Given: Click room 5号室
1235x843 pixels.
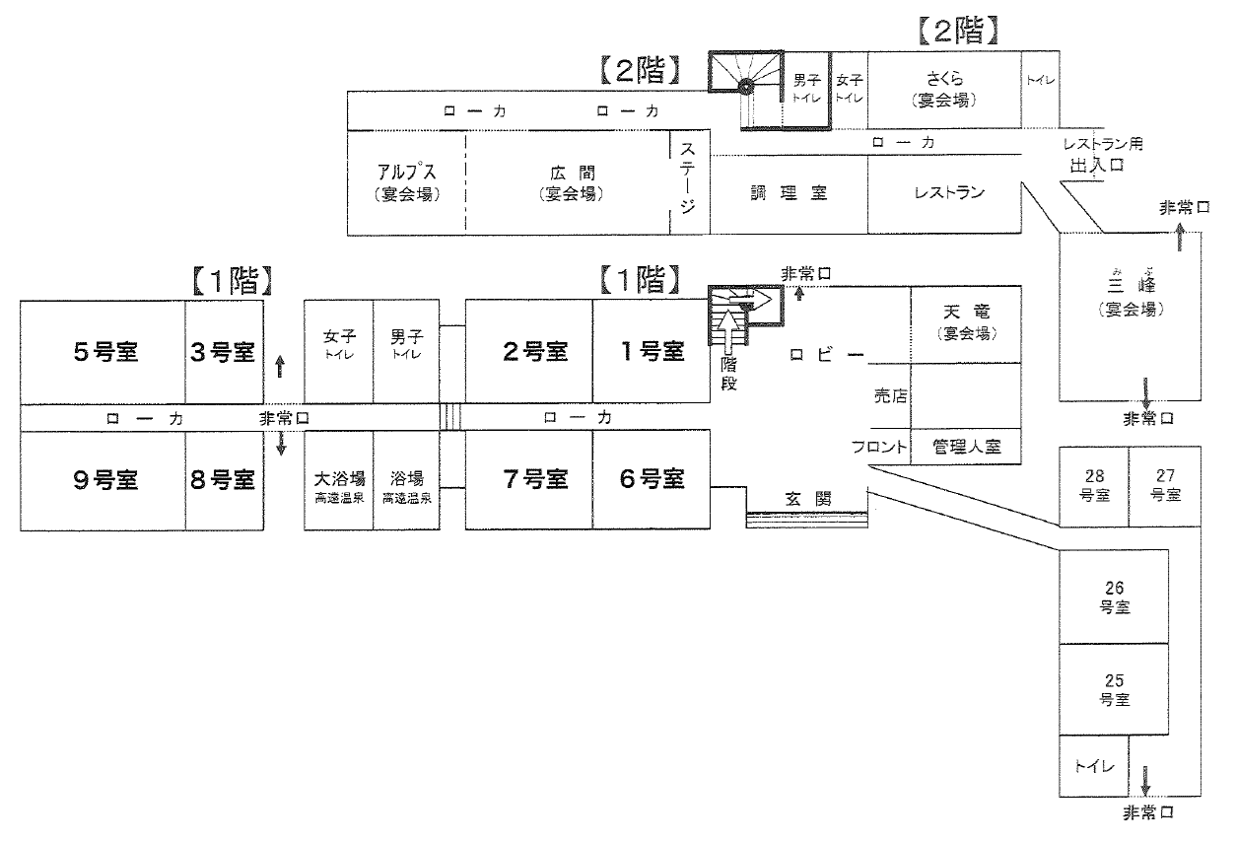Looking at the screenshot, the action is pos(103,352).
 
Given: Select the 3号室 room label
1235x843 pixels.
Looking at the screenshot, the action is pos(223,352).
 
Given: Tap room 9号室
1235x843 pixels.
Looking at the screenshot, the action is pos(103,480).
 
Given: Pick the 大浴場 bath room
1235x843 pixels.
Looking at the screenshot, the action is pos(338,480).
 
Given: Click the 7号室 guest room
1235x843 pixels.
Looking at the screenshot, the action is pos(528,479).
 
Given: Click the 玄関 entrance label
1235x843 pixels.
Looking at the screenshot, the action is pos(807,499).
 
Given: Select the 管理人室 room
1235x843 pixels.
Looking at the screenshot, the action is pos(966,447).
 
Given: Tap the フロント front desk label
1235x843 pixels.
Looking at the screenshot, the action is pos(879,447).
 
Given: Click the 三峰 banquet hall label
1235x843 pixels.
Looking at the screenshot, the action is pos(1131,294).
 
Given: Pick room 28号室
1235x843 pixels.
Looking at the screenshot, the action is pos(1094,486).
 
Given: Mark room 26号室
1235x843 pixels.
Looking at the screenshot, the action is pos(1114,597).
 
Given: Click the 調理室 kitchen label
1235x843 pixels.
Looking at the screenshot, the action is pos(789,193).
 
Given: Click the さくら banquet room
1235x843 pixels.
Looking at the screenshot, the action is pos(944,90).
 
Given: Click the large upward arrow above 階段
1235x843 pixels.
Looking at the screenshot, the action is pos(728,331).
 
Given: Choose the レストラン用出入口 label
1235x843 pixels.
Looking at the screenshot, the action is pos(1103,155).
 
